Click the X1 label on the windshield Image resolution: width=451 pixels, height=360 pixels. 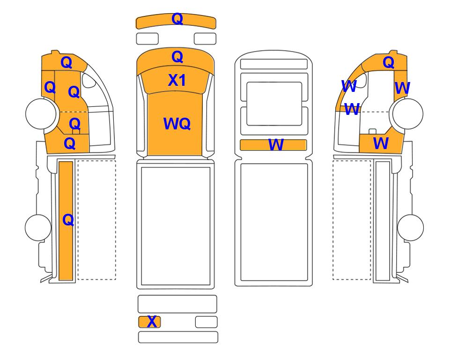(x=177, y=80)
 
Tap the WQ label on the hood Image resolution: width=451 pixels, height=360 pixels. (x=177, y=124)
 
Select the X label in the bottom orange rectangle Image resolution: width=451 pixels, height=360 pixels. (x=152, y=322)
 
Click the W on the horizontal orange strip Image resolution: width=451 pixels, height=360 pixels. (x=276, y=144)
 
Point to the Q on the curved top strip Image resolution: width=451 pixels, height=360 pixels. (x=177, y=19)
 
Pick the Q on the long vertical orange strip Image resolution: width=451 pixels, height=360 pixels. (x=68, y=220)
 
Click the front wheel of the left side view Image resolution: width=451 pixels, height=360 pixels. (x=41, y=113)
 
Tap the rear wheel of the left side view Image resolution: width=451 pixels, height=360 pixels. (x=38, y=227)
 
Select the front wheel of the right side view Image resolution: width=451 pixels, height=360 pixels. (x=408, y=113)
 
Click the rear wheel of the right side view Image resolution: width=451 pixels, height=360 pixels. (x=410, y=227)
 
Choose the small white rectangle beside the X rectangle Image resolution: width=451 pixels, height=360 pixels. (x=206, y=322)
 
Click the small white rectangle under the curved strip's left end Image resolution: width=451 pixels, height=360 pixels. (x=147, y=38)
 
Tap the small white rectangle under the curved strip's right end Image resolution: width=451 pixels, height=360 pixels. (x=205, y=38)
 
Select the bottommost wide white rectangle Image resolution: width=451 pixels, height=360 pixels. (x=178, y=337)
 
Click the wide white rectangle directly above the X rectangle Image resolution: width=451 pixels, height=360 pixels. (x=177, y=304)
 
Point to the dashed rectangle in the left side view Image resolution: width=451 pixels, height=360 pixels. (x=96, y=220)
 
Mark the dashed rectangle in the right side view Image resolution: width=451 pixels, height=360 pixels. (x=352, y=220)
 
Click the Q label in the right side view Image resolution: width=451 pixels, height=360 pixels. (x=388, y=62)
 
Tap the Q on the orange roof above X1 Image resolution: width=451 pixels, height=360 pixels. (x=177, y=57)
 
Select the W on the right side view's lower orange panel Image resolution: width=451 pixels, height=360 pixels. (x=381, y=143)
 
